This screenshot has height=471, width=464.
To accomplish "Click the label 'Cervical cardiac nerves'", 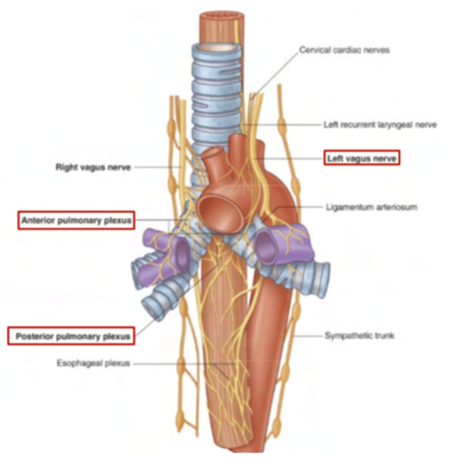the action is [x=344, y=50].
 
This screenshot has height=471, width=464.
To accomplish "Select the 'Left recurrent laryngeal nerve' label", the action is [x=380, y=125].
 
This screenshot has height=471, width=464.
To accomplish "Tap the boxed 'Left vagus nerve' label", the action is [x=361, y=158].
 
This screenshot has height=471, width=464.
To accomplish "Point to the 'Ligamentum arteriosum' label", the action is [x=371, y=207].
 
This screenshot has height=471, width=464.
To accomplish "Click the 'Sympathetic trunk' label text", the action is [x=359, y=336].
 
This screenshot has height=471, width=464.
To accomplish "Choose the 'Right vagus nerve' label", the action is [x=93, y=167].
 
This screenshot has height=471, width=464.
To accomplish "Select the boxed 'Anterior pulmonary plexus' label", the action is [x=76, y=220].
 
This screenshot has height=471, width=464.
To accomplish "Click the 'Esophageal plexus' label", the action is [x=93, y=363].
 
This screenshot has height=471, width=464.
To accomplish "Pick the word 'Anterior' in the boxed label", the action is [x=38, y=220].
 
